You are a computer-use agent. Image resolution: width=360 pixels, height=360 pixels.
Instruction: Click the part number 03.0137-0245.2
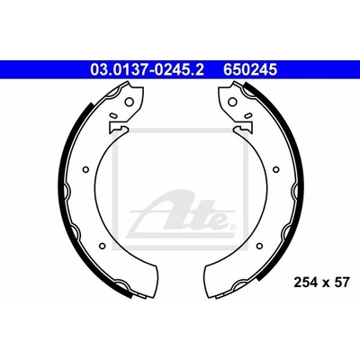click(x=147, y=70)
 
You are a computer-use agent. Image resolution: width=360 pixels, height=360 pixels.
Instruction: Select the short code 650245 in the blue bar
click(x=249, y=70)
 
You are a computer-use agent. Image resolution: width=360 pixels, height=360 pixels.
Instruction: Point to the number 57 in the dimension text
click(x=342, y=283)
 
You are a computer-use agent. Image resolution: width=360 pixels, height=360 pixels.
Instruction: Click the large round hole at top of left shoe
click(x=129, y=102)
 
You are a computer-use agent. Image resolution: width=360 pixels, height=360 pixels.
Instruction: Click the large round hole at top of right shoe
click(x=232, y=102)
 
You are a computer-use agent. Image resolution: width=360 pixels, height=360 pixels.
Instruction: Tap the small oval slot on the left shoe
click(x=113, y=115)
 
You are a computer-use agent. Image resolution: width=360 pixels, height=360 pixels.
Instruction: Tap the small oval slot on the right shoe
click(x=247, y=115)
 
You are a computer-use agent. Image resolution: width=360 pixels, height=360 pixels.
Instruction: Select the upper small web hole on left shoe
click(x=85, y=169)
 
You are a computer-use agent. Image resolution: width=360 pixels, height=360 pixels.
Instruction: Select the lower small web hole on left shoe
click(x=102, y=246)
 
